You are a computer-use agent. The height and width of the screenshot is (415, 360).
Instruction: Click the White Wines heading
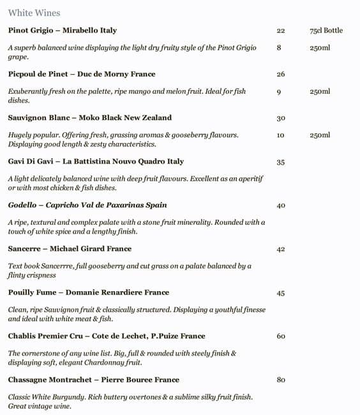pyautogui.click(x=34, y=13)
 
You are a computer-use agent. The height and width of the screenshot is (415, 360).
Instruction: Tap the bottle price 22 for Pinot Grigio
pyautogui.click(x=281, y=31)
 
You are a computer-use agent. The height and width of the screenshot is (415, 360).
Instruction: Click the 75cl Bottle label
pyautogui.click(x=326, y=31)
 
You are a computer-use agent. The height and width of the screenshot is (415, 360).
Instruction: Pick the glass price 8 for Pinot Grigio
pyautogui.click(x=279, y=48)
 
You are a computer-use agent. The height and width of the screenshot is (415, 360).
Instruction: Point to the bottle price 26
pyautogui.click(x=281, y=75)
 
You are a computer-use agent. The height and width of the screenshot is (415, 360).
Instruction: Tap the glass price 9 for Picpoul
pyautogui.click(x=279, y=92)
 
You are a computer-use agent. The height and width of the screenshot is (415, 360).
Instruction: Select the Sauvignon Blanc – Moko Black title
pyautogui.click(x=90, y=118)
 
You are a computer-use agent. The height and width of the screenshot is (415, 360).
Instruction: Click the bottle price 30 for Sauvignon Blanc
pyautogui.click(x=281, y=118)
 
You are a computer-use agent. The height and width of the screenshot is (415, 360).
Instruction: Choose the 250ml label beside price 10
pyautogui.click(x=320, y=135)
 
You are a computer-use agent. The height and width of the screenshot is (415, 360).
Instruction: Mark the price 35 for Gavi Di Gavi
pyautogui.click(x=281, y=162)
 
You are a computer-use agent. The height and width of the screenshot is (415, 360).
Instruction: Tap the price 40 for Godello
pyautogui.click(x=281, y=206)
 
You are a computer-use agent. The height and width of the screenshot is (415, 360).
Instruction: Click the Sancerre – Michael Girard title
pyautogui.click(x=70, y=249)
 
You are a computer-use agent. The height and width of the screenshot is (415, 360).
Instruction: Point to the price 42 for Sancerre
pyautogui.click(x=281, y=249)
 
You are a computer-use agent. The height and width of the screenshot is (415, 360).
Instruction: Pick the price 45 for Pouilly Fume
pyautogui.click(x=281, y=293)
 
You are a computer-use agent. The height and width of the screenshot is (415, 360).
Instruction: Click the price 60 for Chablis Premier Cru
pyautogui.click(x=281, y=336)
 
